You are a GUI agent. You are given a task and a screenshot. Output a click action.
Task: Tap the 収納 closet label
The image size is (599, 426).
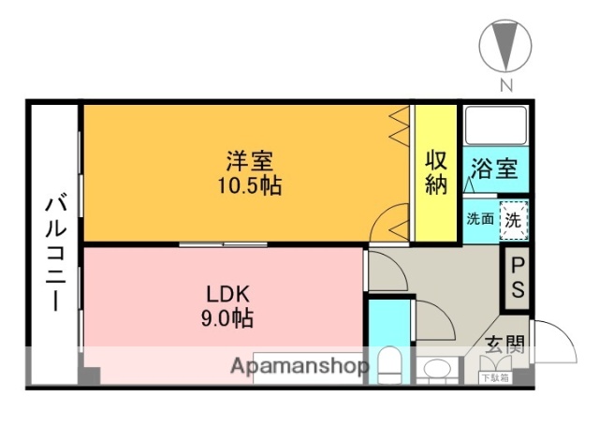coord(436,171)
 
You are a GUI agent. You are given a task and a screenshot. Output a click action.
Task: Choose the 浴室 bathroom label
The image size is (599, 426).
coord(493,169)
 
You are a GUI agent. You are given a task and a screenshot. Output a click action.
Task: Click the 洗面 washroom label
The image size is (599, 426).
coord(480,220)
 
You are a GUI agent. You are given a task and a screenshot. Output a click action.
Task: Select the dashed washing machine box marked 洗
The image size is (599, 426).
coord(513,221)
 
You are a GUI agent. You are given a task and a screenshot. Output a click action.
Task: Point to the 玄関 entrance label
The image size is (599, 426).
coord(504,345)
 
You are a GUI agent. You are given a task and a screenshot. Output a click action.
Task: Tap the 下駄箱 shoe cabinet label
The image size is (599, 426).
coord(494,377)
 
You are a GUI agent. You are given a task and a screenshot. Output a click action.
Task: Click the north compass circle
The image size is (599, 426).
coord(505,46)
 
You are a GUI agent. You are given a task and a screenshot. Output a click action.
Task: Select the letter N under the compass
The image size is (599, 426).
coord(505,86)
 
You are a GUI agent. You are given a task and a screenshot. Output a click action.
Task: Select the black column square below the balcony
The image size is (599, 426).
coord(90,376)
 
